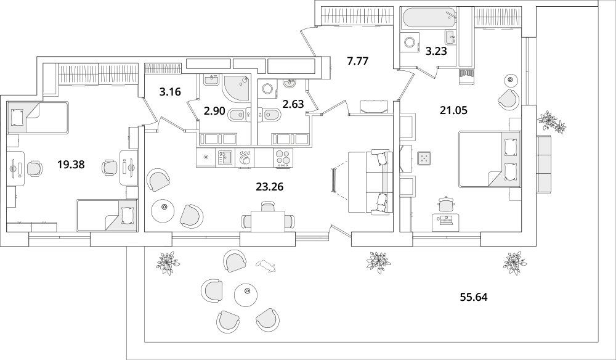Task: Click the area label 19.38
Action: (x=71, y=164)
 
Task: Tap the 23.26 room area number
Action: (x=270, y=187)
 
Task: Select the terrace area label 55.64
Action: (x=474, y=297)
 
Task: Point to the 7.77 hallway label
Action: (x=358, y=61)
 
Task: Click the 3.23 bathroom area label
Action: (x=437, y=51)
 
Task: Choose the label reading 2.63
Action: (x=293, y=104)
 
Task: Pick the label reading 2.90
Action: (x=214, y=111)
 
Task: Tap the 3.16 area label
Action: (x=170, y=92)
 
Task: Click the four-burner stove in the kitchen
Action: (x=283, y=158)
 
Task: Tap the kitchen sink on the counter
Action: (x=225, y=158)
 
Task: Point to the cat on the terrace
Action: (x=266, y=266)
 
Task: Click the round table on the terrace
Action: (x=246, y=295)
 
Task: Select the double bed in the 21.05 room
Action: (x=490, y=160)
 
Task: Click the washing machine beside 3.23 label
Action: (x=410, y=42)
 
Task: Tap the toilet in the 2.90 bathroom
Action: (x=237, y=115)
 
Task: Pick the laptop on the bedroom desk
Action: (x=446, y=220)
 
